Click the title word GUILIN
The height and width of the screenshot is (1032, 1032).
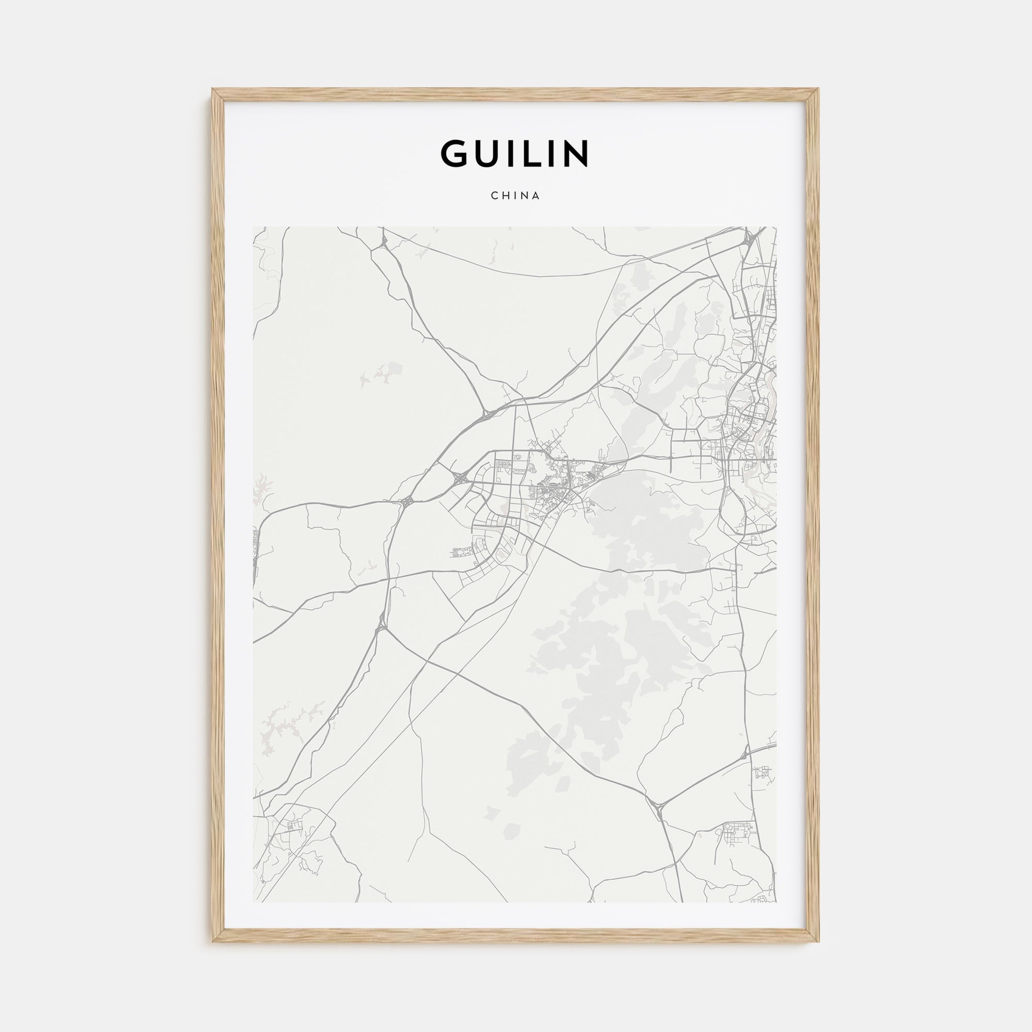[515, 154]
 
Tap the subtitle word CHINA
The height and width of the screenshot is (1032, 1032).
[515, 196]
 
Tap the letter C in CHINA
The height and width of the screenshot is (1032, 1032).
[494, 196]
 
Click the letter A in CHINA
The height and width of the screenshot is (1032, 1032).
[536, 196]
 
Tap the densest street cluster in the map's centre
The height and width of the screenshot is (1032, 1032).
[556, 483]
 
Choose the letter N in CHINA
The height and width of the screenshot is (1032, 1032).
[526, 196]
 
